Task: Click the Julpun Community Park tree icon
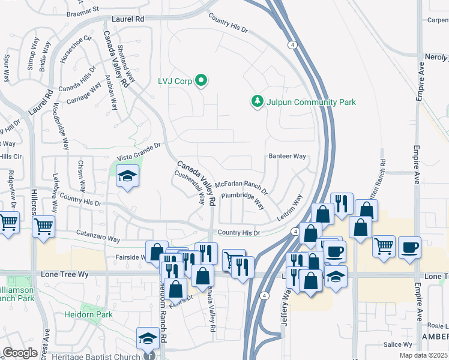point(258,101)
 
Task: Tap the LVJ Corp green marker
point(201,80)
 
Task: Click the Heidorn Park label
point(88,314)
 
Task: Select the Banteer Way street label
point(287,156)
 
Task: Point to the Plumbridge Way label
point(243,199)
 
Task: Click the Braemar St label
point(83,10)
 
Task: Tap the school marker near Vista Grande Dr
point(127,176)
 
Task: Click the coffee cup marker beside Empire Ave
point(410,247)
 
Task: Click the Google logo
point(20,353)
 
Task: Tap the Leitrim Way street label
point(289,208)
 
